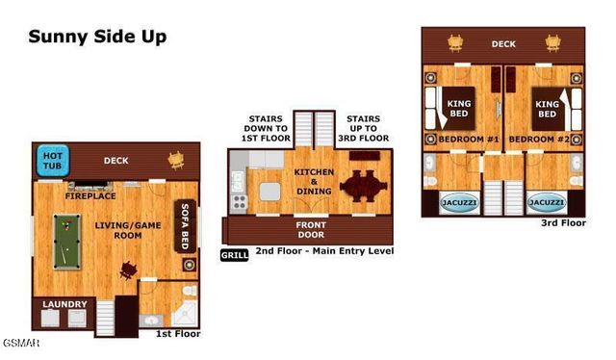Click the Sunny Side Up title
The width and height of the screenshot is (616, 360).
click(97, 38)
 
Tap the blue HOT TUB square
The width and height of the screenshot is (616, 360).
click(50, 161)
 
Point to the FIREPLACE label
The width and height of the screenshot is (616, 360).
click(90, 195)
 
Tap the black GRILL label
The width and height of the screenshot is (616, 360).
click(234, 255)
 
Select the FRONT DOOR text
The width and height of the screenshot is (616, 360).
click(296, 230)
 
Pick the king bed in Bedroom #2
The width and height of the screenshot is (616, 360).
click(548, 108)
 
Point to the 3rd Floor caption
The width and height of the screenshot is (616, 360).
click(563, 222)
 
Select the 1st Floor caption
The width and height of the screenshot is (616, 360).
click(178, 333)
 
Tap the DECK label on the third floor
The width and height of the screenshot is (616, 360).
click(503, 43)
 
